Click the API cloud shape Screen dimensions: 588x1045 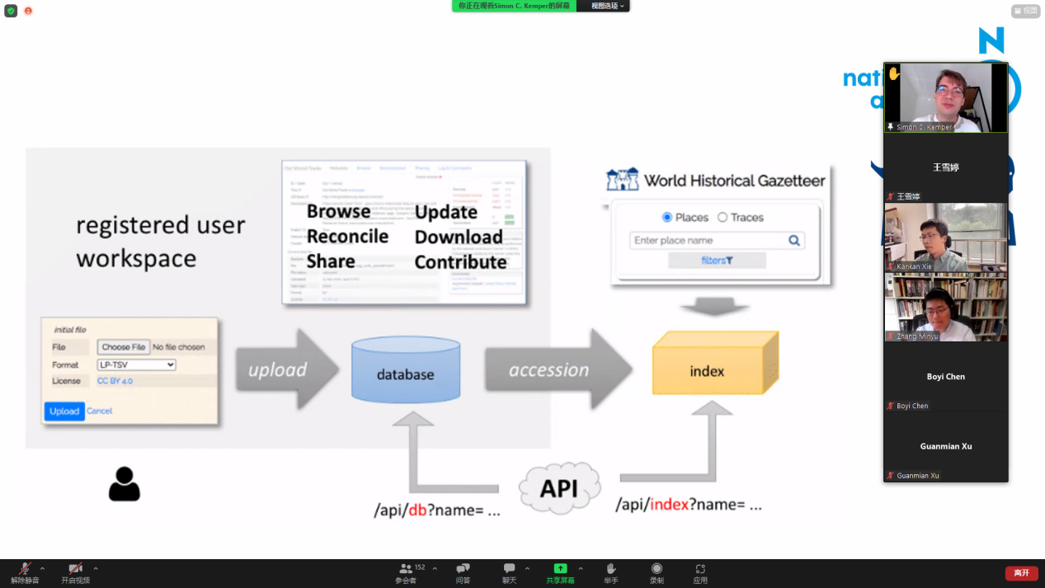tap(559, 488)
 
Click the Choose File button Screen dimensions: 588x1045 tap(124, 347)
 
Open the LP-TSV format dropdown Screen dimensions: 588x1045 tap(137, 365)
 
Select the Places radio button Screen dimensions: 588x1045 tap(667, 218)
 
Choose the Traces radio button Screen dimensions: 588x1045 tap(723, 218)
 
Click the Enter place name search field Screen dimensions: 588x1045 tap(708, 240)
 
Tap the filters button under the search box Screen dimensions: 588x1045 tap(717, 261)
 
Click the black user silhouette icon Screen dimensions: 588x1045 tap(125, 484)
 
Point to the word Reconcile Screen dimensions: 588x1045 tap(347, 237)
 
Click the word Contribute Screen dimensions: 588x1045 tap(460, 262)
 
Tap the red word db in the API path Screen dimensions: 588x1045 tap(417, 510)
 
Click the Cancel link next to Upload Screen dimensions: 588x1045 tap(99, 411)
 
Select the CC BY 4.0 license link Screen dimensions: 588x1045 tap(115, 381)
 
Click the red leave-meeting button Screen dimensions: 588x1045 tap(1021, 573)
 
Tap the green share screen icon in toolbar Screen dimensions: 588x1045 tap(560, 568)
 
